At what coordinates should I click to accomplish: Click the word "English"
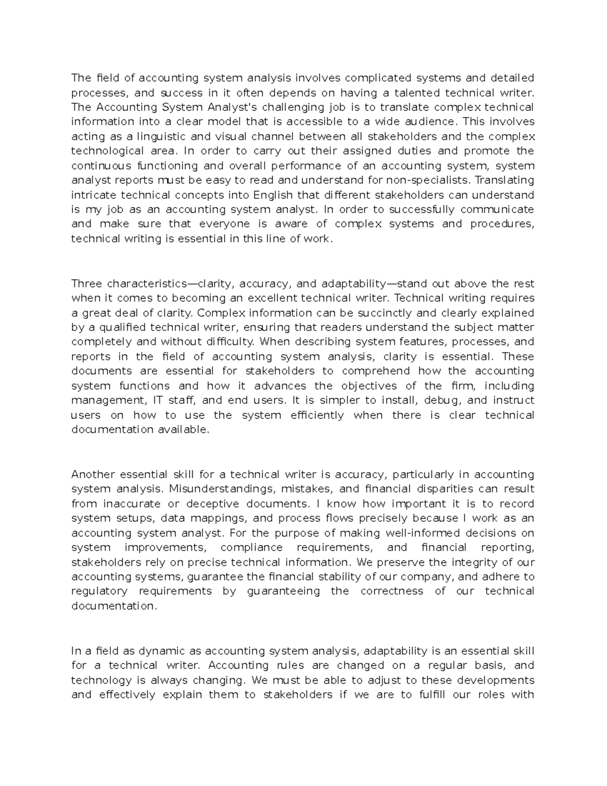tap(273, 195)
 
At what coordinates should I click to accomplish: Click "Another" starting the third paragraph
tap(93, 474)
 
